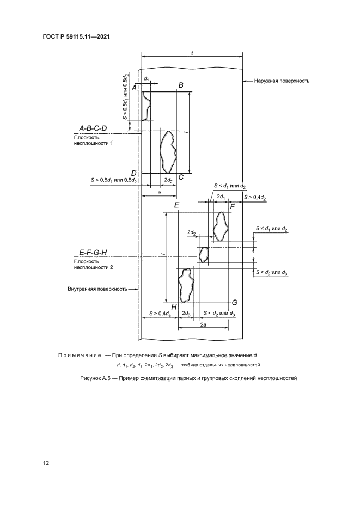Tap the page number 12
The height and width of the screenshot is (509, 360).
pyautogui.click(x=46, y=463)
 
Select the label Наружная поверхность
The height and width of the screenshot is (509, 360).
pyautogui.click(x=281, y=81)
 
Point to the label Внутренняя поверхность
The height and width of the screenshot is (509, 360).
pyautogui.click(x=97, y=289)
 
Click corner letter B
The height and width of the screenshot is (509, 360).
pyautogui.click(x=181, y=85)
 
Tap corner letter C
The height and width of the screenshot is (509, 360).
pyautogui.click(x=181, y=177)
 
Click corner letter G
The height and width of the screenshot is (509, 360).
pyautogui.click(x=234, y=302)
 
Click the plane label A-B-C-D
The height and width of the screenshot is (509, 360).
pyautogui.click(x=93, y=128)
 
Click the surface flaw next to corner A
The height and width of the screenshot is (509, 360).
pyautogui.click(x=145, y=106)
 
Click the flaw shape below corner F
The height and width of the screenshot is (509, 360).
pyautogui.click(x=220, y=226)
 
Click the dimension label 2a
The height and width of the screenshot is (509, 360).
pyautogui.click(x=203, y=324)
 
